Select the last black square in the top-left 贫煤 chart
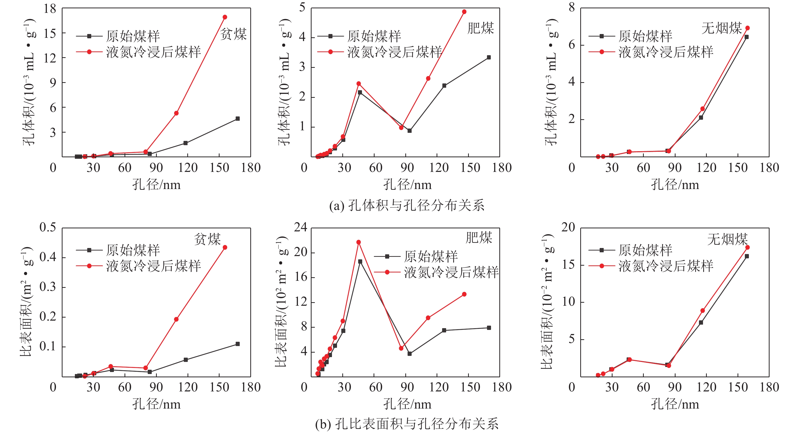coord(237,119)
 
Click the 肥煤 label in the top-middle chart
coord(480,28)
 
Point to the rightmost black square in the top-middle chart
coord(488,57)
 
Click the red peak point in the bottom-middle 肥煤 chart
coord(358,242)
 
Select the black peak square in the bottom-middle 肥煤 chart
coord(360,261)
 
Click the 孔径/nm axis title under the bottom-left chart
coord(156,404)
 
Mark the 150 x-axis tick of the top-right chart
coord(738,168)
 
